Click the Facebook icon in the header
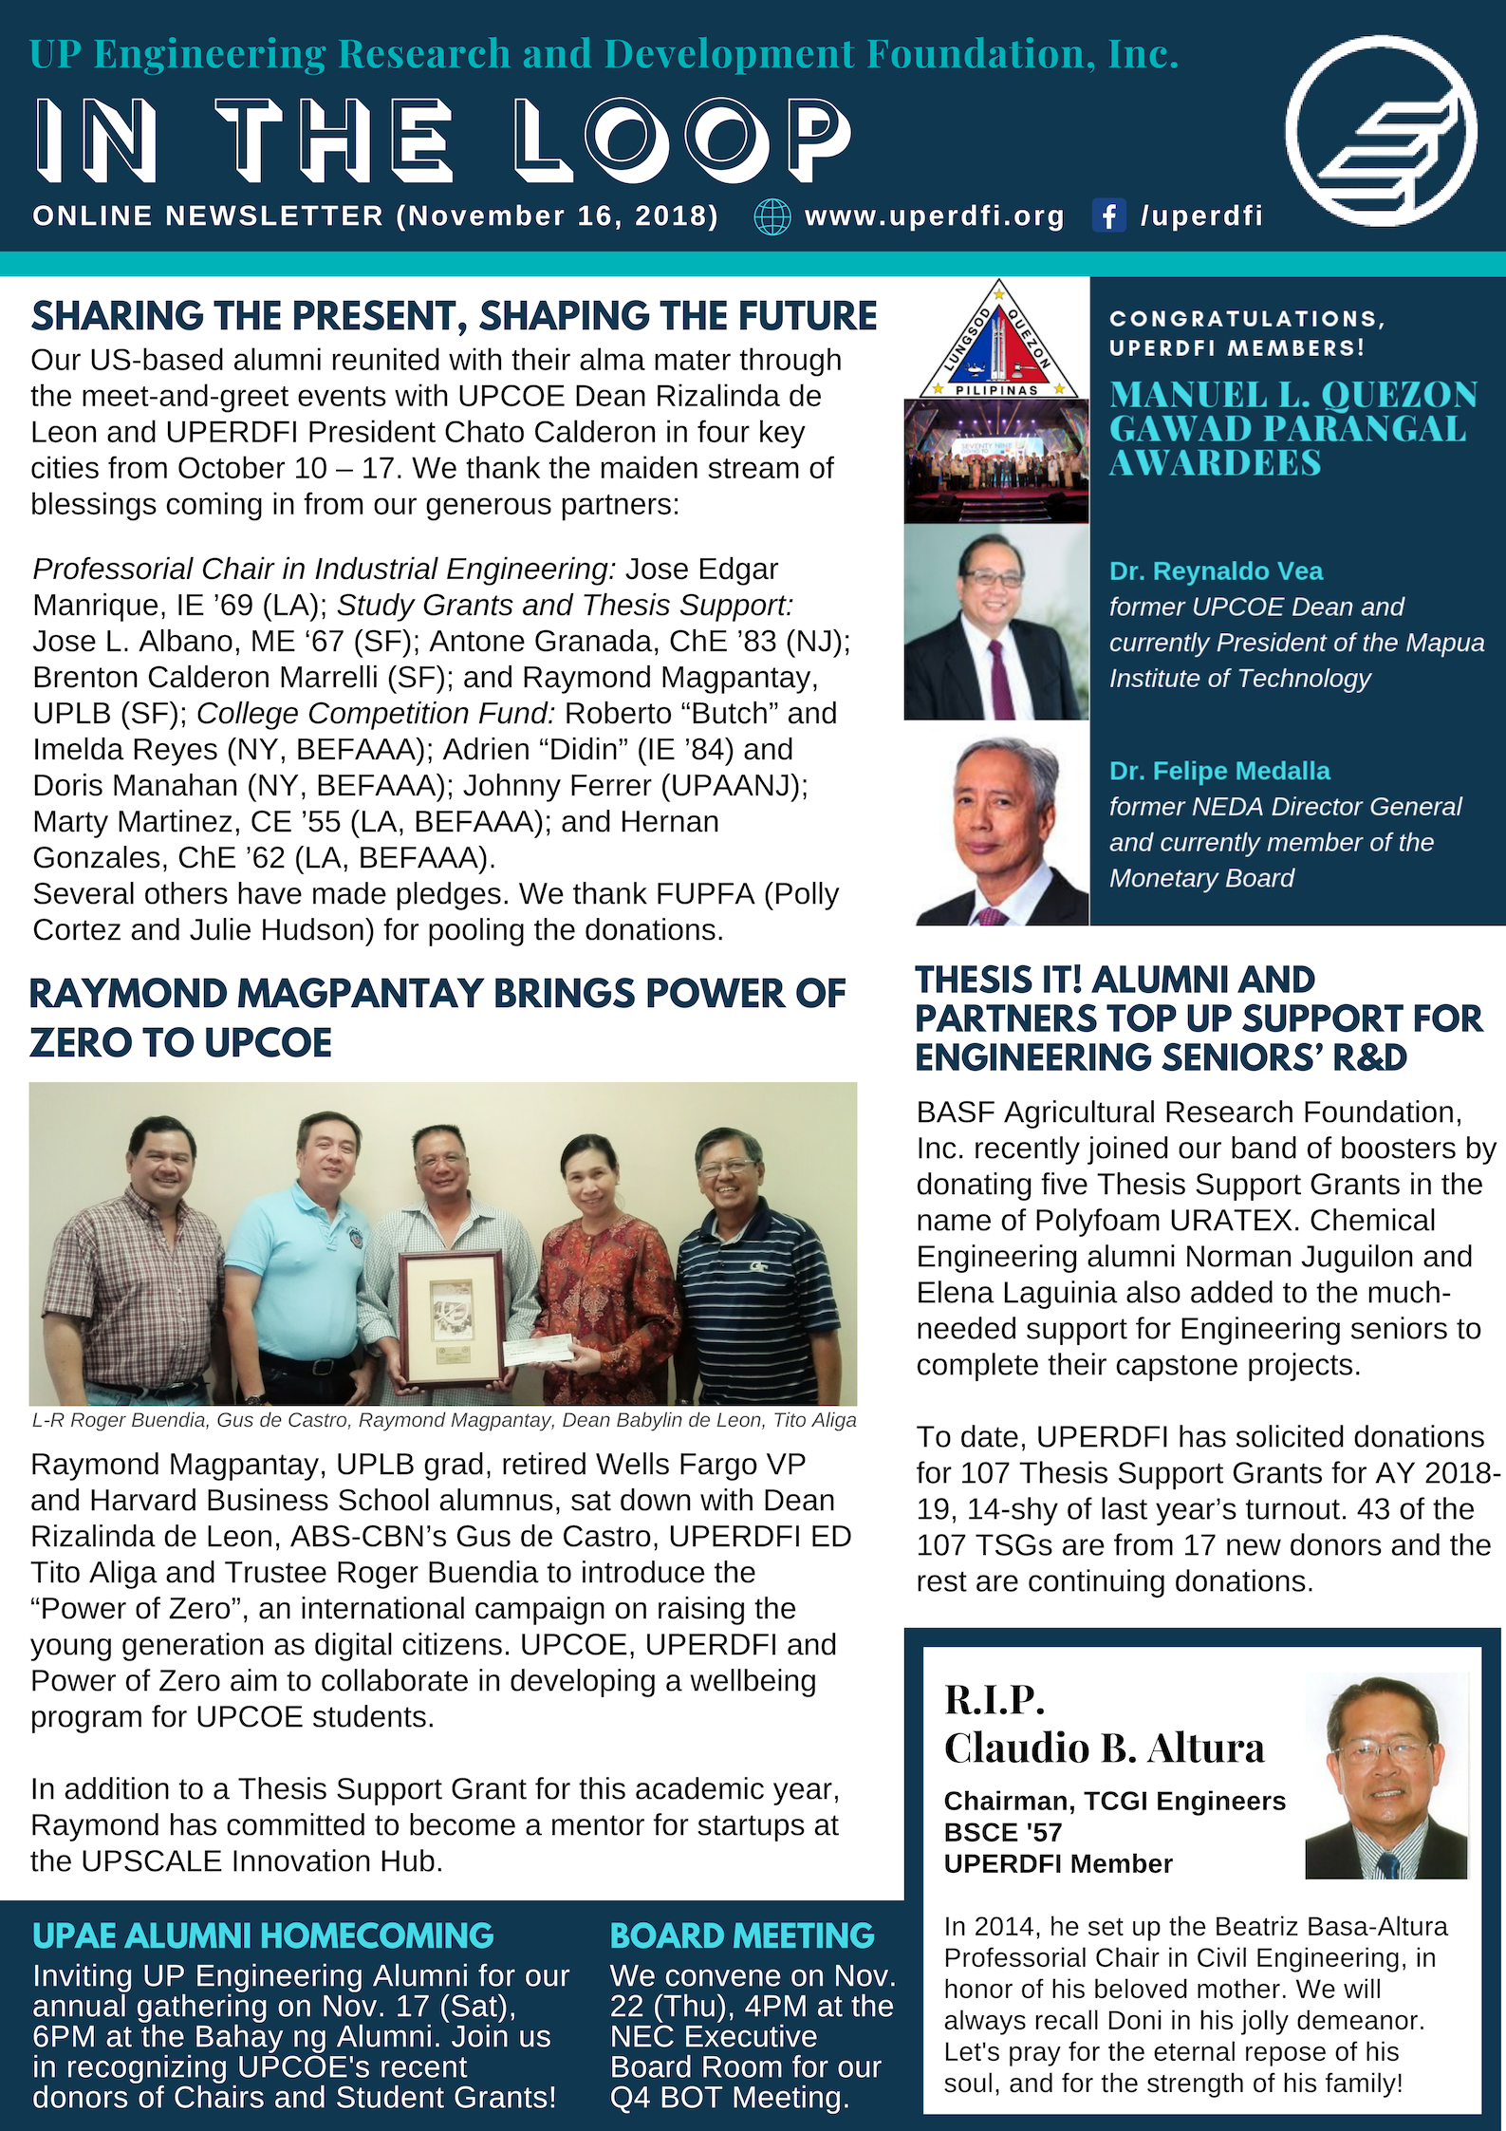[x=1107, y=215]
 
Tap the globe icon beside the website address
[x=772, y=216]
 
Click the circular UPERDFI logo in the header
[x=1381, y=131]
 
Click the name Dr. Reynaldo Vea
[x=1216, y=571]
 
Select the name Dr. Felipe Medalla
[x=1219, y=771]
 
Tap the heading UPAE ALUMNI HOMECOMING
[x=263, y=1935]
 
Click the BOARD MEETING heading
[x=742, y=1935]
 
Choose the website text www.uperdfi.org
[x=935, y=216]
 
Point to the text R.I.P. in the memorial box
[x=994, y=1700]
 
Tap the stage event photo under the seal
[x=996, y=460]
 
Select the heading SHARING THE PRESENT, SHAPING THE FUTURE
[x=454, y=316]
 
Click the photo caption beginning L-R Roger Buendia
[x=444, y=1420]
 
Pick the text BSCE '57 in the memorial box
[x=1002, y=1832]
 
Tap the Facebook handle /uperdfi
[x=1201, y=216]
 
